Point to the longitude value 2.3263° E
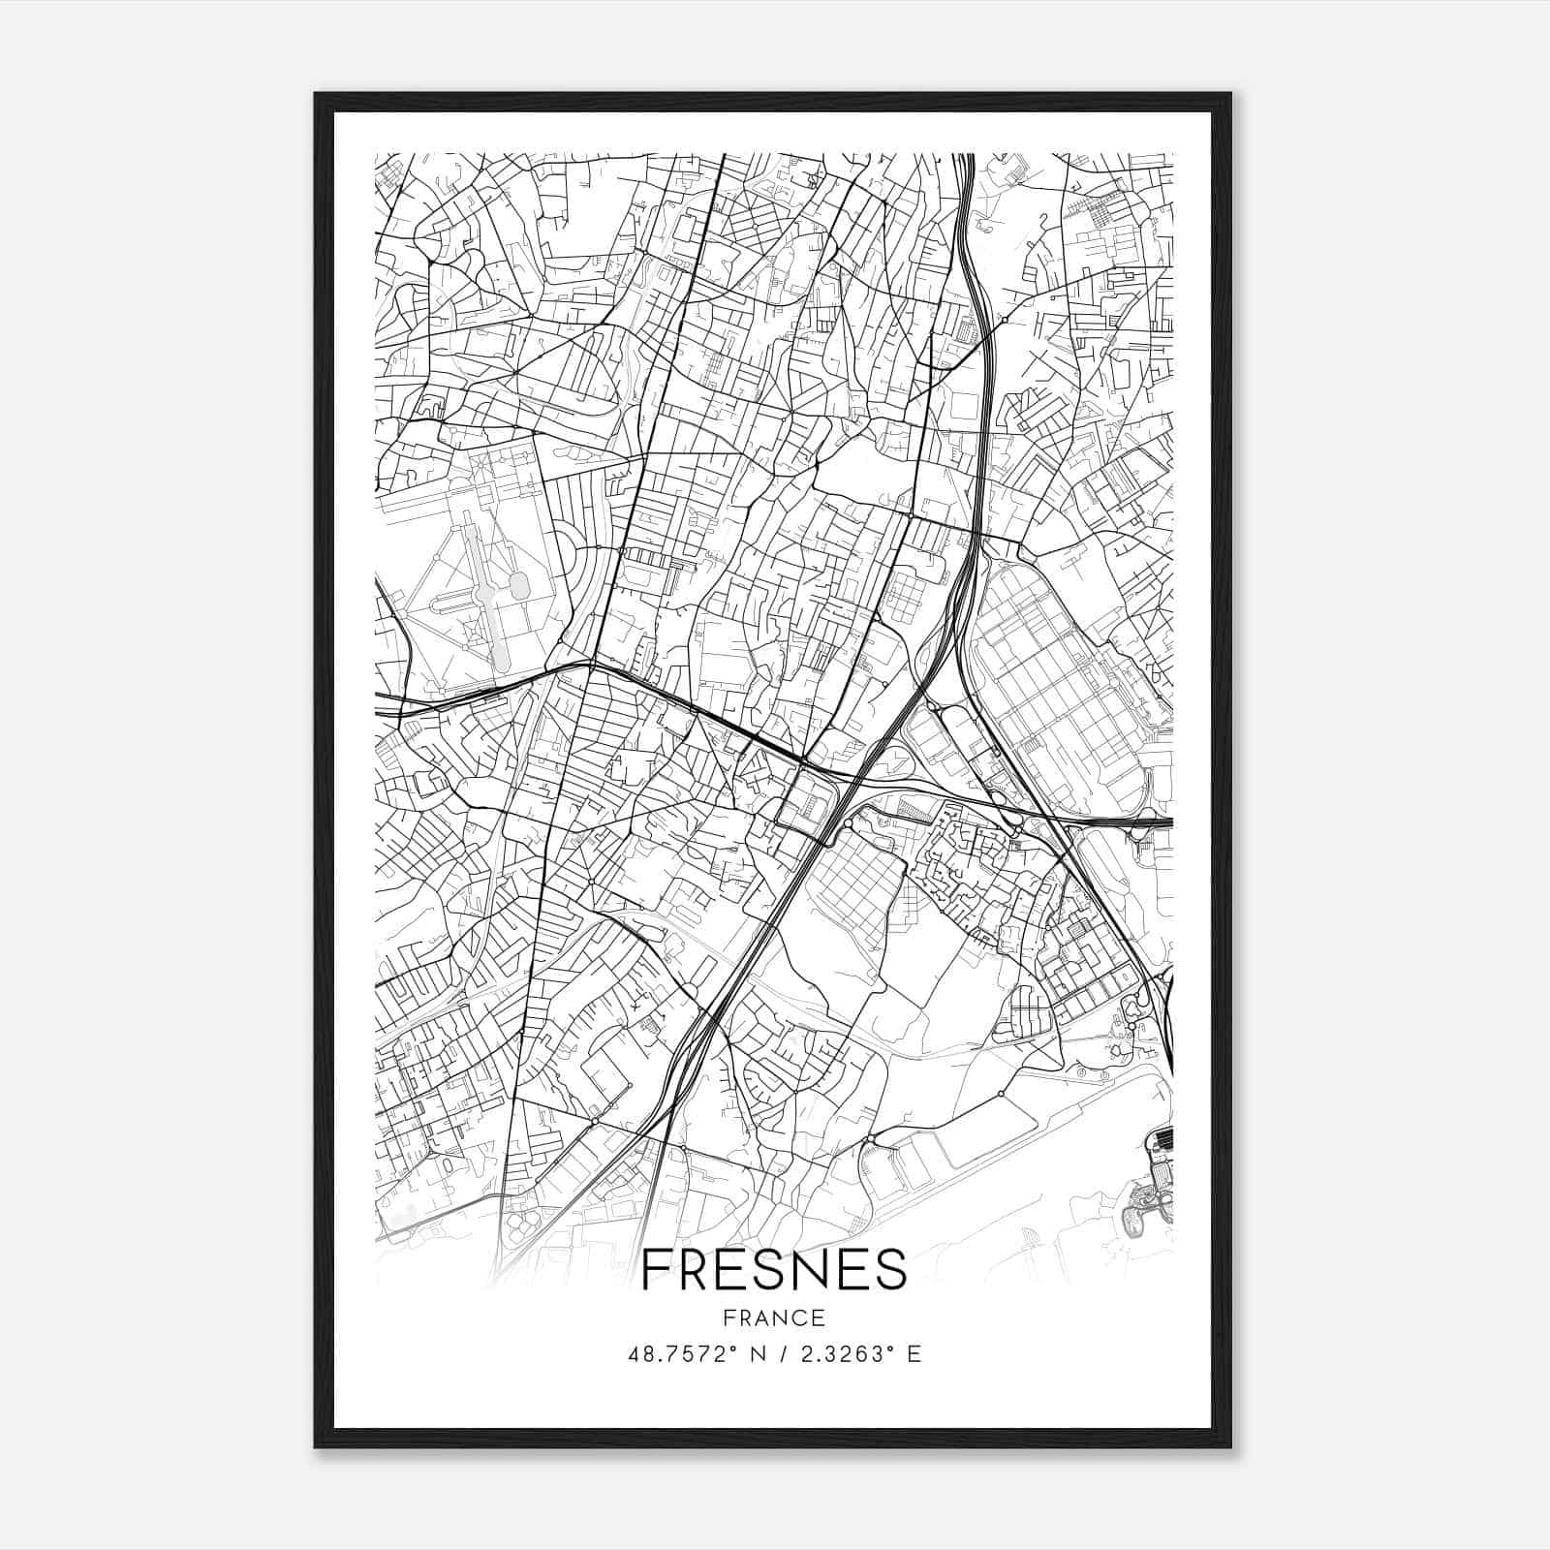point(857,1354)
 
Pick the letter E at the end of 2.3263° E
point(914,1354)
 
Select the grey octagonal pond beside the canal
point(518,585)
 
